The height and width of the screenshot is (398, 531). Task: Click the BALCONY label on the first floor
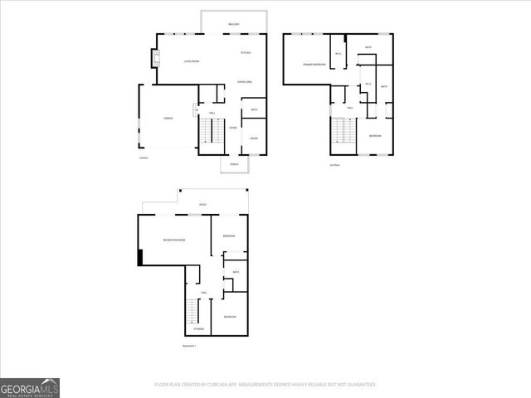[x=234, y=24]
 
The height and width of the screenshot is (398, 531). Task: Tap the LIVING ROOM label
[x=192, y=61]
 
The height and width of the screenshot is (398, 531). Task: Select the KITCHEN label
[x=246, y=52]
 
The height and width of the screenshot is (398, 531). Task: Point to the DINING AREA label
[x=245, y=82]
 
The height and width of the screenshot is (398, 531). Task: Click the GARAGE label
[x=168, y=119]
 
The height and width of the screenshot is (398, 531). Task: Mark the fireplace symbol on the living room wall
[x=153, y=58]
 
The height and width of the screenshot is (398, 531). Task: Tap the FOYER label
[x=233, y=127]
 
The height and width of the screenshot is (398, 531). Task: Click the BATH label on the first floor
[x=254, y=109]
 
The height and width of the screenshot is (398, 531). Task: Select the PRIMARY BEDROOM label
[x=314, y=63]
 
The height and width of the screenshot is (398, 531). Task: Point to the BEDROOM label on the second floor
[x=375, y=135]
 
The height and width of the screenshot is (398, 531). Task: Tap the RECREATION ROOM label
[x=174, y=240]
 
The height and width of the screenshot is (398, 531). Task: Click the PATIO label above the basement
[x=202, y=204]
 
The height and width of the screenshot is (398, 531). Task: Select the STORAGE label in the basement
[x=199, y=328]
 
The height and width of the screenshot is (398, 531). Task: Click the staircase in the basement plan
[x=192, y=311]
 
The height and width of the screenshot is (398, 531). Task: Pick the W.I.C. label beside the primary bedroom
[x=339, y=54]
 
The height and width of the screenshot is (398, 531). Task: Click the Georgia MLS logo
[x=30, y=387]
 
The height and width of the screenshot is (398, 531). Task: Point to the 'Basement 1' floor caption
[x=189, y=345]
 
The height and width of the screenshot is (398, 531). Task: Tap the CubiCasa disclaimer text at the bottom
[x=265, y=385]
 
